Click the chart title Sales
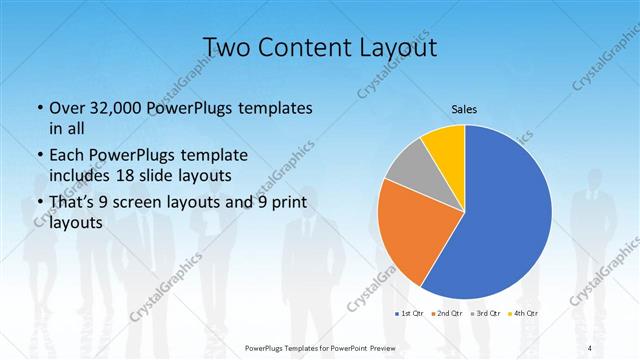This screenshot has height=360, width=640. (464, 108)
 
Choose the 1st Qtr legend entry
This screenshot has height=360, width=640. (409, 314)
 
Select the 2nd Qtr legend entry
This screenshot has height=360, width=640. (446, 314)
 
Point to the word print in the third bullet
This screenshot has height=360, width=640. (284, 204)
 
